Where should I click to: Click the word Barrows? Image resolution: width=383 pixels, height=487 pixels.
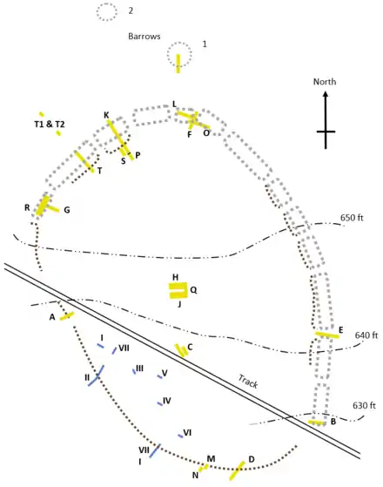[144, 37]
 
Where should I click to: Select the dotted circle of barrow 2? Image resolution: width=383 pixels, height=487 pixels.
[97, 12]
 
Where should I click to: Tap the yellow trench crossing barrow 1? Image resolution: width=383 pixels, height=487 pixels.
[178, 64]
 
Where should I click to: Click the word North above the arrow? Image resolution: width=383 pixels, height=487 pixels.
[325, 82]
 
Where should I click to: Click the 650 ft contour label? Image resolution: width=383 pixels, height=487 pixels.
[352, 218]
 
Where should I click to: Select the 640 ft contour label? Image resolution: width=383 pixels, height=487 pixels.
[366, 335]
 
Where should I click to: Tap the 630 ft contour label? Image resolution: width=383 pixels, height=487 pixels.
[364, 406]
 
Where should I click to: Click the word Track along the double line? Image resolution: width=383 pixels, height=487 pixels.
[248, 382]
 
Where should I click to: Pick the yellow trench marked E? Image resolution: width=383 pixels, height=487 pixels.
[327, 335]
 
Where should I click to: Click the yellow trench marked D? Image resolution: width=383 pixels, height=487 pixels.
[237, 470]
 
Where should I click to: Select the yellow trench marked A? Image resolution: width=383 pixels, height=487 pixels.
[67, 316]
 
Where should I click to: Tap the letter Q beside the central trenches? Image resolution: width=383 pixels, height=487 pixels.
[193, 290]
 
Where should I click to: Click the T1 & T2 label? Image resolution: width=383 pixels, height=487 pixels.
[50, 125]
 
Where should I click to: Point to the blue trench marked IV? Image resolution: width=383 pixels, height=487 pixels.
[160, 403]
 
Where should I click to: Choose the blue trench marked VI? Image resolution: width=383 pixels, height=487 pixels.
[180, 436]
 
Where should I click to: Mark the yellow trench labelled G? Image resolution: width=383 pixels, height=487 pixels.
[53, 209]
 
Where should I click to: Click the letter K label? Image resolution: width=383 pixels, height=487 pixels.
[106, 115]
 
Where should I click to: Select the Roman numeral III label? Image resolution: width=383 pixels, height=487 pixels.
[139, 369]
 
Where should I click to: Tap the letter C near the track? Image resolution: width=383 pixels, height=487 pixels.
[190, 347]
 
